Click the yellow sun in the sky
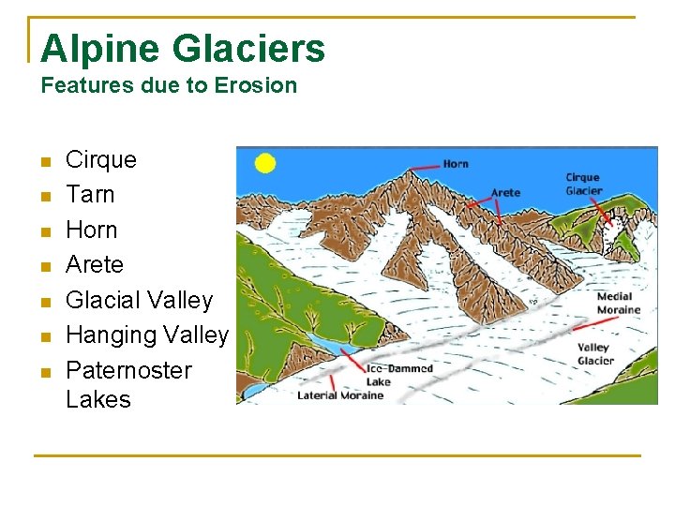(265, 163)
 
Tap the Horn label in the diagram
(456, 164)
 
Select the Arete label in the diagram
(505, 193)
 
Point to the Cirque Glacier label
(583, 184)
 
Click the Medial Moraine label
(619, 303)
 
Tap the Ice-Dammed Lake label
(398, 375)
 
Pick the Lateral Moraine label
(340, 395)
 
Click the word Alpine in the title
(90, 49)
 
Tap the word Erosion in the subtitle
(256, 85)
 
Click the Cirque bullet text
(101, 160)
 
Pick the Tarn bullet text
(90, 195)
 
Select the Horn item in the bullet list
(92, 230)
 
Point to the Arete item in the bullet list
(95, 265)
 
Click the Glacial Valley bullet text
(140, 300)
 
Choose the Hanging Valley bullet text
(147, 335)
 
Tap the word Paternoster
(128, 370)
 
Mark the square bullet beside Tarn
(45, 196)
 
